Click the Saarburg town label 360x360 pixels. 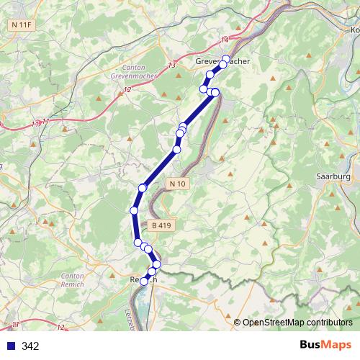333,176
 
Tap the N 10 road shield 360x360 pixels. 178,184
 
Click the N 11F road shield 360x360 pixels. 21,25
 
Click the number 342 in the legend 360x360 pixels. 30,346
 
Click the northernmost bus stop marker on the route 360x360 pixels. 226,58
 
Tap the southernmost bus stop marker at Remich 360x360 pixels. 144,282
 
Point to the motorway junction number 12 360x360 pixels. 127,89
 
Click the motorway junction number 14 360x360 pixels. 225,39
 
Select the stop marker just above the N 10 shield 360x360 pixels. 176,149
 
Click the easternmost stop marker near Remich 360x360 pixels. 157,264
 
